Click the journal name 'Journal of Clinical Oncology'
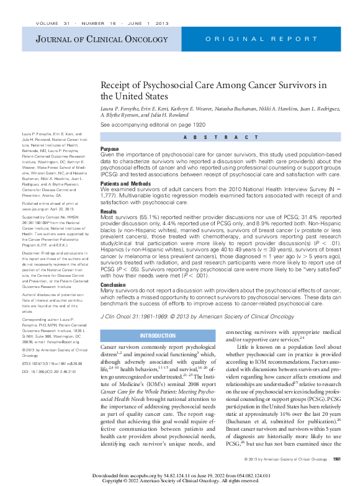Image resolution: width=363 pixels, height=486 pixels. coord(79,40)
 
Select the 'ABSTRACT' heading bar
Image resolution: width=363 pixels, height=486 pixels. coord(220,137)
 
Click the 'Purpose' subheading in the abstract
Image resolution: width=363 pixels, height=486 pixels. coord(109,150)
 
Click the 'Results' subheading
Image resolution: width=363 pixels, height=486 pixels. coord(109,211)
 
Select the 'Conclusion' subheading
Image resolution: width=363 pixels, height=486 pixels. coord(113,285)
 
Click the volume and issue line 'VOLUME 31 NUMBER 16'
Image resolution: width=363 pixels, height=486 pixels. coord(94,22)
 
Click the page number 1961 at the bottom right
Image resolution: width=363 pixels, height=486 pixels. coord(336,459)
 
